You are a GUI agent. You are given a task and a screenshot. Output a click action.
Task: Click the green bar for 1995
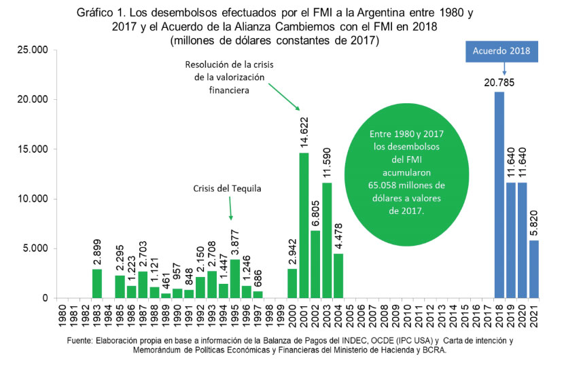(x=235, y=278)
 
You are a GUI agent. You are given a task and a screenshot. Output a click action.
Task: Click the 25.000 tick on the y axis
(x=34, y=50)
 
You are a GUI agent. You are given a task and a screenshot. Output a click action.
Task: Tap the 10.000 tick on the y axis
(x=34, y=199)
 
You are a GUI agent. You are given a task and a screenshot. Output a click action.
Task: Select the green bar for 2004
(x=338, y=276)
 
